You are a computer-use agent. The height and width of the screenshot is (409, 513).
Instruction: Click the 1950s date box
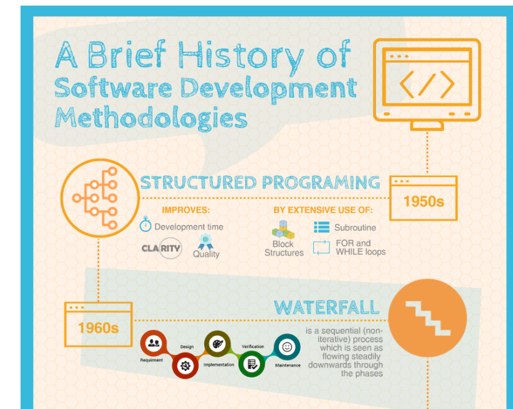[x=423, y=198]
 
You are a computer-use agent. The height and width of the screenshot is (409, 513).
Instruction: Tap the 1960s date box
[x=98, y=324]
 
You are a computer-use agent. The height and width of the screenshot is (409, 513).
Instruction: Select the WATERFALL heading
[x=326, y=308]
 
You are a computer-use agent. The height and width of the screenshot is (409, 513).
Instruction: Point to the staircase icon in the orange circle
[x=428, y=318]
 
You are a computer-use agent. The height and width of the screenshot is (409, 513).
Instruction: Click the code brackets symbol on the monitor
[x=427, y=85]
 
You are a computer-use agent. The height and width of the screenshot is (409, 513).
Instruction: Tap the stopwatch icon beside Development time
[x=146, y=224]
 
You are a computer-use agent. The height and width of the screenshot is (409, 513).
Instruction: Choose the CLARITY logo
[x=162, y=248]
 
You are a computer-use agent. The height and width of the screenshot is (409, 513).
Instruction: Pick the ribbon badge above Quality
[x=205, y=241]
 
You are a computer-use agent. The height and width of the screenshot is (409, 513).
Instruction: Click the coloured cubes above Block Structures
[x=283, y=229]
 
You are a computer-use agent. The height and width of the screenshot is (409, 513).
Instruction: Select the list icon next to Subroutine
[x=322, y=227]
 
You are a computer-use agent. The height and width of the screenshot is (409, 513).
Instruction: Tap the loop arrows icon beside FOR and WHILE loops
[x=321, y=247]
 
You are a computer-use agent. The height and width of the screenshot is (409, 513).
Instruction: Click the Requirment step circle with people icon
[x=153, y=343]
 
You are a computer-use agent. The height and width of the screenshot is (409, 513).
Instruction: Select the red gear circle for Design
[x=185, y=365]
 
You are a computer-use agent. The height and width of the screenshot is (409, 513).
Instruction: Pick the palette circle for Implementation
[x=217, y=344]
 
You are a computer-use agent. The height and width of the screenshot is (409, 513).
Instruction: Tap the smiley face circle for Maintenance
[x=287, y=347]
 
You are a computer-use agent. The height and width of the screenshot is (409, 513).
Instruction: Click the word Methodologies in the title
[x=151, y=117]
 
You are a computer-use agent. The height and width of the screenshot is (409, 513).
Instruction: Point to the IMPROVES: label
[x=186, y=209]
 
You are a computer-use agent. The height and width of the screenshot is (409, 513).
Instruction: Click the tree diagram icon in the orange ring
[x=95, y=198]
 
